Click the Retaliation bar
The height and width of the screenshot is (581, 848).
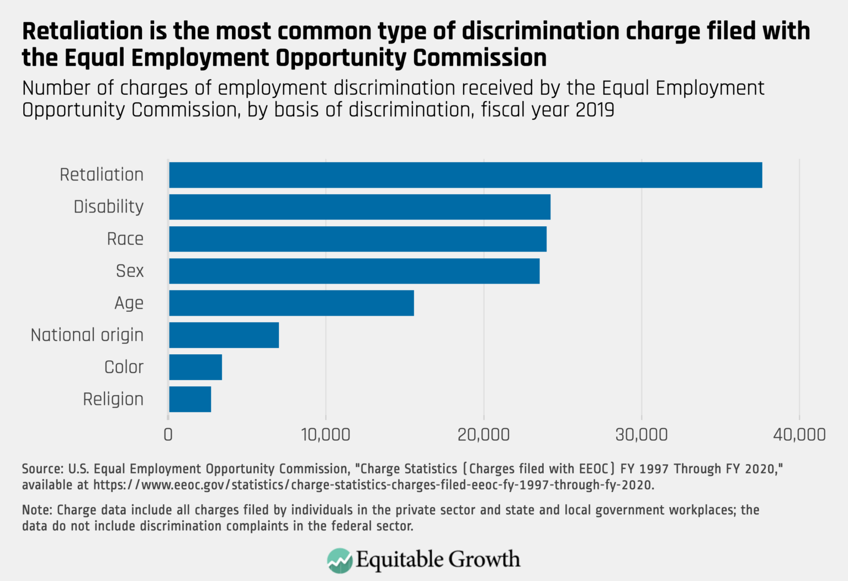point(465,175)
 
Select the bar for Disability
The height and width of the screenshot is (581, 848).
point(359,207)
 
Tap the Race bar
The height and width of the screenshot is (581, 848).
point(358,239)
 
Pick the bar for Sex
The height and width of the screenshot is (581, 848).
point(354,271)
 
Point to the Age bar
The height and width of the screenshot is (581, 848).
point(291,303)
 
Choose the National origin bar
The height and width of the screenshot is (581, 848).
point(224,335)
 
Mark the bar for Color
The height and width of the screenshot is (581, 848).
point(195,367)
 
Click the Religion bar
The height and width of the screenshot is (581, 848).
point(190,399)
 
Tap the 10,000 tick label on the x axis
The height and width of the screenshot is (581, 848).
point(326,435)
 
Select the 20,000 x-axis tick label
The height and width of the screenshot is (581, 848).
point(484,435)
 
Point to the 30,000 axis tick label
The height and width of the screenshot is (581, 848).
point(642,435)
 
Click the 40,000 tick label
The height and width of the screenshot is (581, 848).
point(799,435)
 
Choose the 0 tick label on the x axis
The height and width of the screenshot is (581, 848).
point(168,435)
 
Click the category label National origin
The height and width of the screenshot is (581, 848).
point(87,335)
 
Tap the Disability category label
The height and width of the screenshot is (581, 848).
point(109,207)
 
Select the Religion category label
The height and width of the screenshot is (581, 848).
point(113,399)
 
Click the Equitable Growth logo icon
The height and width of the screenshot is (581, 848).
point(340,561)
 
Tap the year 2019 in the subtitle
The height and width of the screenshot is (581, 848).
point(595,110)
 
